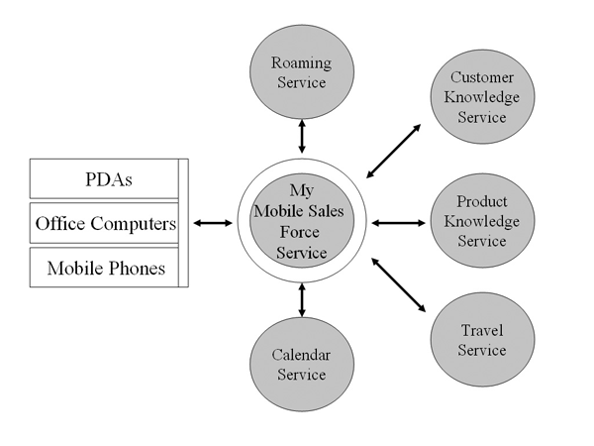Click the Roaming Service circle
(302, 71)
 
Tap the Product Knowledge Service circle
(482, 222)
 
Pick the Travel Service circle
(482, 339)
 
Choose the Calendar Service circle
(301, 364)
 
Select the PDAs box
(104, 180)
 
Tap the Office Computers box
(104, 224)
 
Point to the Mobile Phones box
(104, 268)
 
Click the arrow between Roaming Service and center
(301, 134)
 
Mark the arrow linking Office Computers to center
(212, 223)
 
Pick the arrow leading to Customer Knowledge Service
(393, 151)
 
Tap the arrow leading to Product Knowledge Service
(398, 223)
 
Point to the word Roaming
(302, 63)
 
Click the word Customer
(482, 77)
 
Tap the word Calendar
(301, 355)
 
